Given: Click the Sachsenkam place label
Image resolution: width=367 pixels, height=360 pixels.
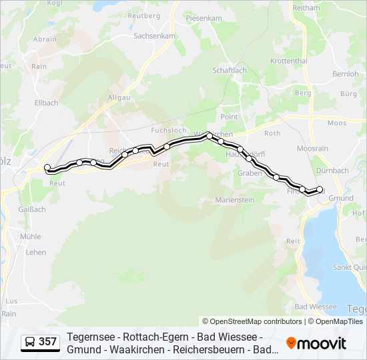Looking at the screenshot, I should tap(154, 36).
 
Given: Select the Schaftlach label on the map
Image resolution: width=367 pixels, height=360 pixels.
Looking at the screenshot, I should tap(229, 70).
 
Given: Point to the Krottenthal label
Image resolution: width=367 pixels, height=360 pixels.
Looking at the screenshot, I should tap(288, 61).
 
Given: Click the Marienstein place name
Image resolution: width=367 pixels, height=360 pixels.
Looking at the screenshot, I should tap(235, 200).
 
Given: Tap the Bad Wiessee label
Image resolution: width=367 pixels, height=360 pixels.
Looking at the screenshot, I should tap(315, 307).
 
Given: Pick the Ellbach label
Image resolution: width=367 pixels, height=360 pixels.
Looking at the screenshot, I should tap(46, 103).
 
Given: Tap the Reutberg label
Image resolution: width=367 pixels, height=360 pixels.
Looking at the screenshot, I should tap(144, 15).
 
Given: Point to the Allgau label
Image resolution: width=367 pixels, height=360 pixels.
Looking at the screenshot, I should tap(119, 97).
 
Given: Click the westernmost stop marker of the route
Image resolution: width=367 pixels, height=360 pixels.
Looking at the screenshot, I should tap(47, 168).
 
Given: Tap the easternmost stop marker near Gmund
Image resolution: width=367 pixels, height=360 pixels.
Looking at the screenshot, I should tap(320, 189).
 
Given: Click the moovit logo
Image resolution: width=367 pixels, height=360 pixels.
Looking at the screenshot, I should tap(316, 343).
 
